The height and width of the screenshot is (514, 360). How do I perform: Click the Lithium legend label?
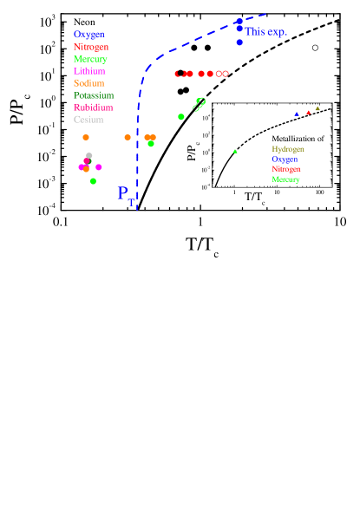click(x=89, y=71)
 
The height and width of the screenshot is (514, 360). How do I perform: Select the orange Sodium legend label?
click(x=88, y=83)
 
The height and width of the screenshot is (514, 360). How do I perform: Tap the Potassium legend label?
click(x=94, y=95)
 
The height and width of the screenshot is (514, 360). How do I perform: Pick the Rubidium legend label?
click(x=93, y=107)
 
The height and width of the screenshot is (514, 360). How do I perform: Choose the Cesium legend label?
click(x=88, y=120)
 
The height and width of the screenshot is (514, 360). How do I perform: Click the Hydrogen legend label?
click(x=287, y=149)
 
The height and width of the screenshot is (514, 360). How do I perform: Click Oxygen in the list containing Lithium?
click(x=88, y=35)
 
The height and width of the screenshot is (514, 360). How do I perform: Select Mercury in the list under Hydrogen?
click(x=285, y=179)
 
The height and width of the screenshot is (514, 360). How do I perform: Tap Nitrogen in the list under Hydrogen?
click(x=285, y=169)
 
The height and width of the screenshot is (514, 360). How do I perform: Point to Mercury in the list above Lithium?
click(x=90, y=59)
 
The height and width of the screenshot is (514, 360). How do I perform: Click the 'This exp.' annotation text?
click(x=265, y=32)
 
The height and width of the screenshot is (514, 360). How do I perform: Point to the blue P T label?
click(x=125, y=194)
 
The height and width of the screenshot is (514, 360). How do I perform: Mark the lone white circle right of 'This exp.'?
click(x=315, y=48)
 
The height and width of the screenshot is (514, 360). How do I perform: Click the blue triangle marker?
click(x=297, y=114)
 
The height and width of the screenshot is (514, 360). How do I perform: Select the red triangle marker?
click(x=308, y=112)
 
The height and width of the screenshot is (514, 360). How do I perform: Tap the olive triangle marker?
click(x=317, y=108)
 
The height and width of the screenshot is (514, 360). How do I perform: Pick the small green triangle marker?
click(x=234, y=151)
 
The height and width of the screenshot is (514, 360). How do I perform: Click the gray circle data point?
click(x=88, y=156)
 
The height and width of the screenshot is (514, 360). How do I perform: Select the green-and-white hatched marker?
click(x=200, y=104)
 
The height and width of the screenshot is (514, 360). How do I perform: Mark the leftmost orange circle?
click(x=85, y=137)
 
